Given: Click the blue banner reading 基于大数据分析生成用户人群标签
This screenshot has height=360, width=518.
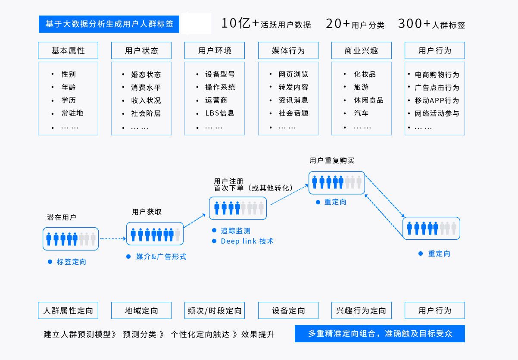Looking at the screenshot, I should [x=109, y=24].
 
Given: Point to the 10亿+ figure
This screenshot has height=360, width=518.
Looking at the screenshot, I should [x=240, y=24].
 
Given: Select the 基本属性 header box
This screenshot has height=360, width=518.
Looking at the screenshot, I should [x=68, y=50].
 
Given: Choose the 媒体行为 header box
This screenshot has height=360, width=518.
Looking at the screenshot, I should [x=288, y=50].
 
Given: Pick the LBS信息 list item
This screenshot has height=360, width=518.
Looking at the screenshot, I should [x=219, y=113].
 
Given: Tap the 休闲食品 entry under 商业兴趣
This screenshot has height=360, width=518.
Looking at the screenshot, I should [x=368, y=100].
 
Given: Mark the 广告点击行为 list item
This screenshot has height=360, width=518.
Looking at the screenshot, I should [x=437, y=88].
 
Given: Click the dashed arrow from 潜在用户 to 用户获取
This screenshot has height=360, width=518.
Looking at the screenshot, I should [x=112, y=238].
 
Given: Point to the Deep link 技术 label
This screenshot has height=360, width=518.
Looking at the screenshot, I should [x=247, y=241].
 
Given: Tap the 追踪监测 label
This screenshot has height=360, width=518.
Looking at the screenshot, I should [x=235, y=231].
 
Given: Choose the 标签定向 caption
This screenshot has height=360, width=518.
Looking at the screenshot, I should [x=71, y=262].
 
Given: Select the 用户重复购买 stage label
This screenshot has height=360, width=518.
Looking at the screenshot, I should [x=332, y=160].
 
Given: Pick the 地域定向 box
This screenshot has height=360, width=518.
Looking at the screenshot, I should [x=141, y=310].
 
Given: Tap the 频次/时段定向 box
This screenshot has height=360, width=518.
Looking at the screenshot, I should [x=215, y=310].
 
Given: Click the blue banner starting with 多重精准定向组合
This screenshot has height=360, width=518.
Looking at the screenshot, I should [x=380, y=334].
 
